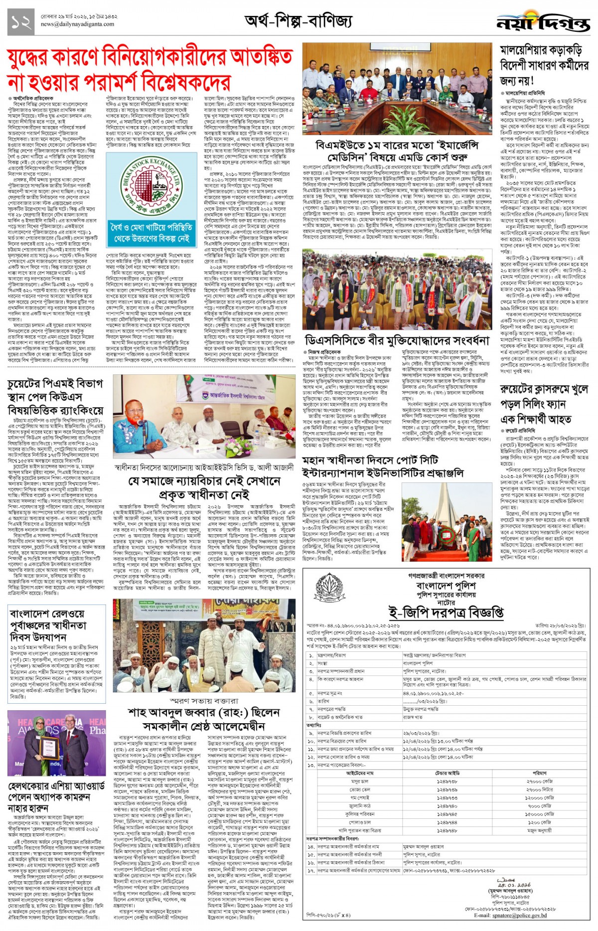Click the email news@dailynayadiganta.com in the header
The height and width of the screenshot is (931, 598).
[x=77, y=24]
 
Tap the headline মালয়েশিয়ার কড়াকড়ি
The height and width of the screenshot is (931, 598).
[x=541, y=50]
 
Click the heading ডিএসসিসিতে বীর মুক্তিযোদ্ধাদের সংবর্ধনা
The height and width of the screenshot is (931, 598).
[x=397, y=340]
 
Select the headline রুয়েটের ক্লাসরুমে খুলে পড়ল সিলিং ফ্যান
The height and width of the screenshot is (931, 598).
[x=544, y=403]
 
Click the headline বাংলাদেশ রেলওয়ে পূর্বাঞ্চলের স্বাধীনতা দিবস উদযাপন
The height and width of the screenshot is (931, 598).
[x=48, y=625]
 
